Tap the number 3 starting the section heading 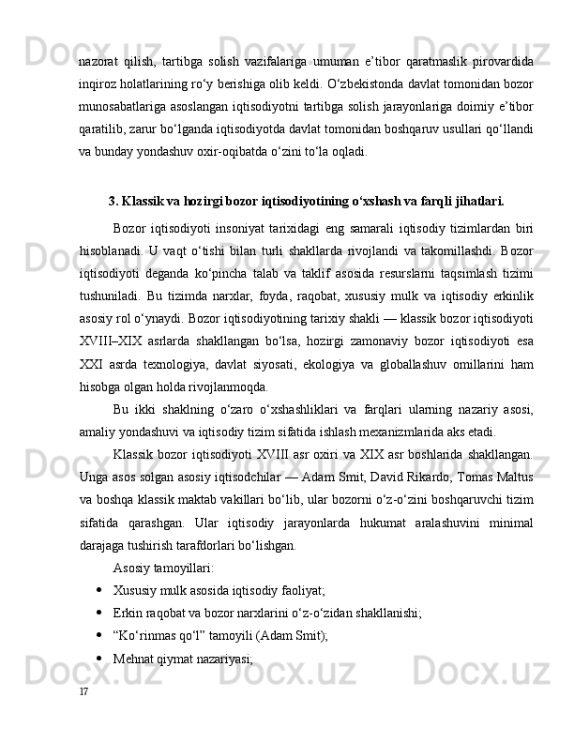113,200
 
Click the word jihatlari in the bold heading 478,200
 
